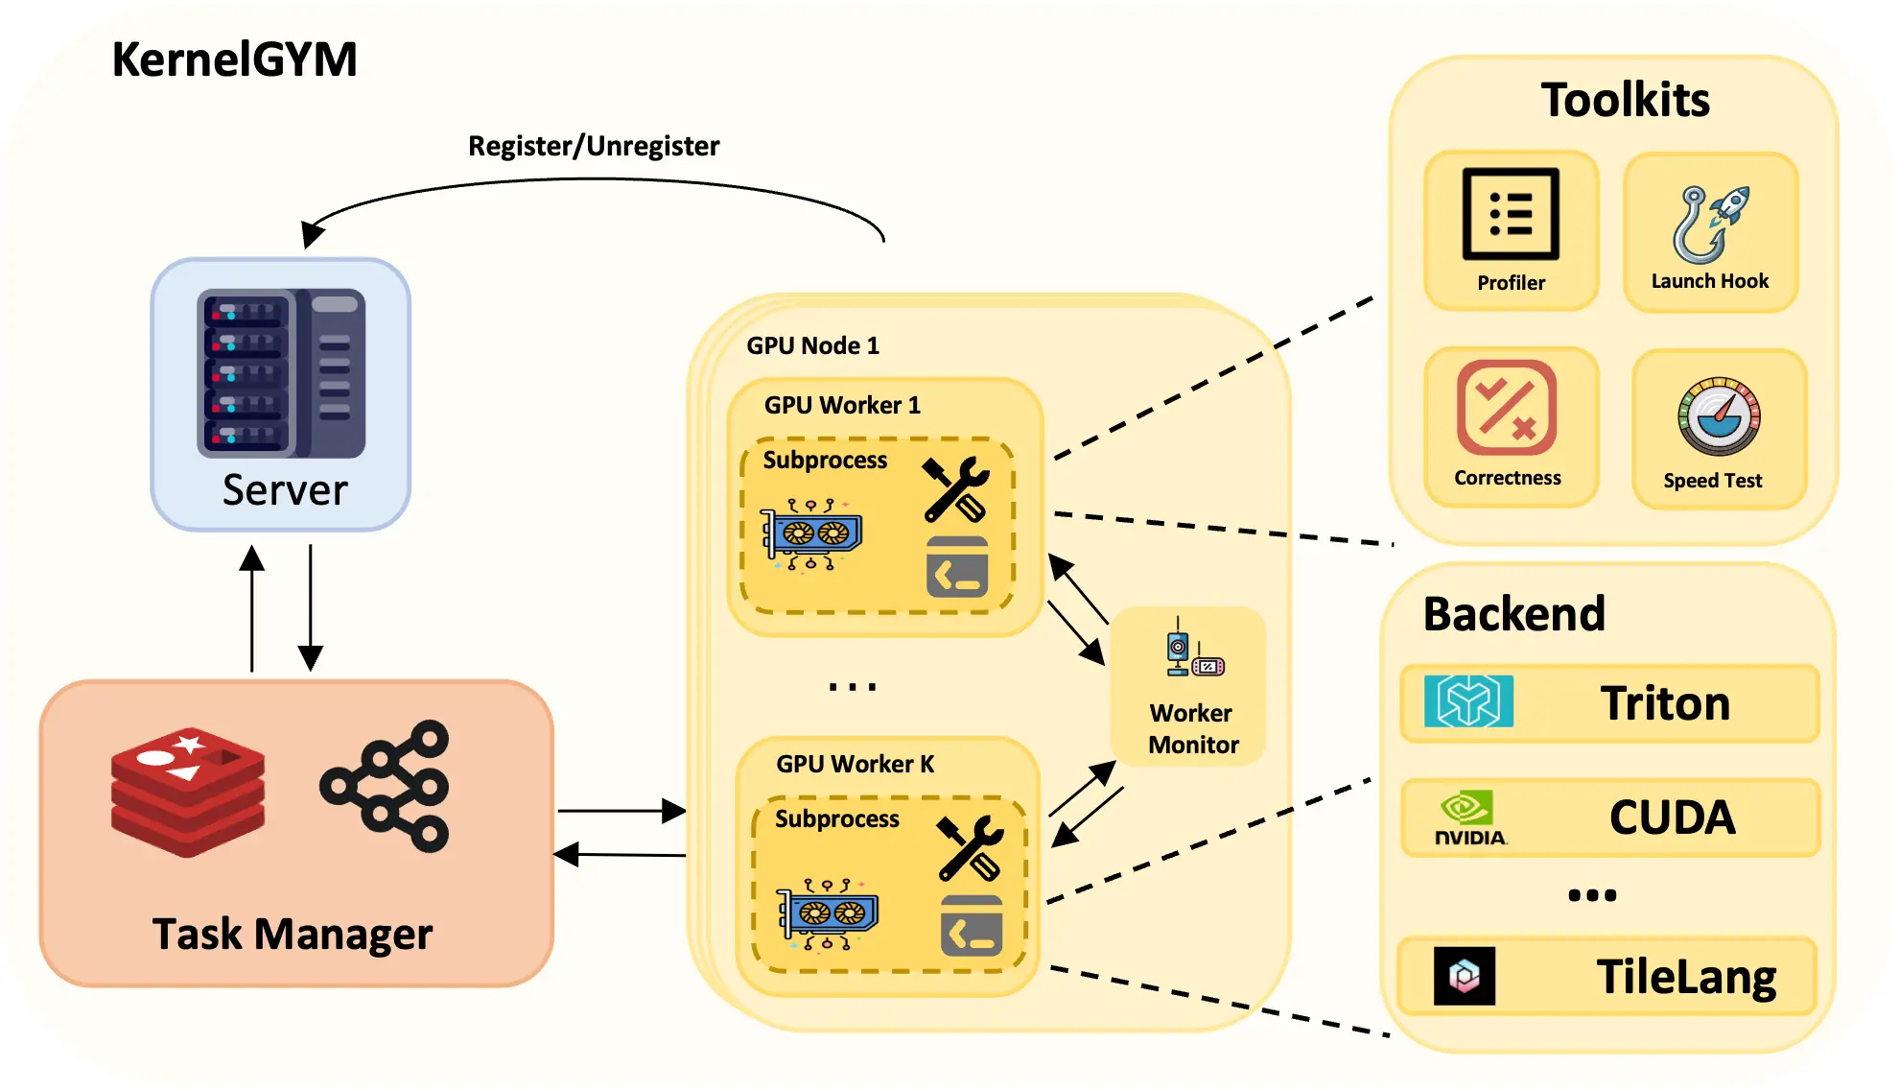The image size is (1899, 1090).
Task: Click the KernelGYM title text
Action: pos(234,59)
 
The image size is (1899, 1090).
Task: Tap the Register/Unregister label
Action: pos(593,146)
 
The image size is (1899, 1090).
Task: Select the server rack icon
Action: pos(281,372)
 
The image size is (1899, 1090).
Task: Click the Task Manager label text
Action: pos(293,934)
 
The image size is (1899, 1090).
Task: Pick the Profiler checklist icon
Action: pos(1511,214)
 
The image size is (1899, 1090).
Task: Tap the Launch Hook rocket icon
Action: pos(1711,224)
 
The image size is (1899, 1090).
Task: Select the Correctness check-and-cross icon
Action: pos(1506,408)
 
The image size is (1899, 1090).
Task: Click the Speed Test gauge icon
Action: pos(1719,416)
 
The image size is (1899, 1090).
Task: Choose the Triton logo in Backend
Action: pos(1468,701)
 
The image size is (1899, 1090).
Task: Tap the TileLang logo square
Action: pos(1464,976)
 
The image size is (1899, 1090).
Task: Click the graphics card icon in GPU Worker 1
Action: pos(811,534)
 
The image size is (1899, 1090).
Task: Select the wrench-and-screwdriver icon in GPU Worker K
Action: pos(971,848)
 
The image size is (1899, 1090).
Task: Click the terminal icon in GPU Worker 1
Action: pos(956,567)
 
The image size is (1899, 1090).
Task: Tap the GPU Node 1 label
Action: pos(812,345)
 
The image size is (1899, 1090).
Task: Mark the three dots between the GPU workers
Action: pos(852,687)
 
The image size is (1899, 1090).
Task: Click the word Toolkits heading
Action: pos(1625,100)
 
